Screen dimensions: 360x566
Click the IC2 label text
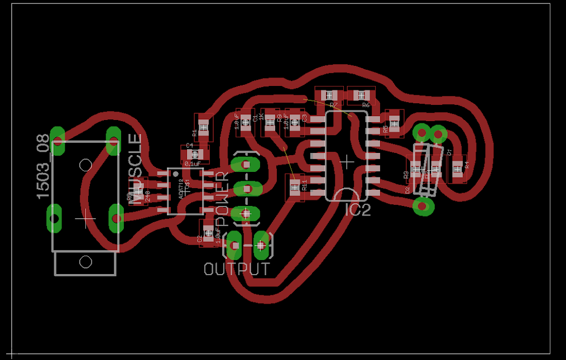[x=358, y=210]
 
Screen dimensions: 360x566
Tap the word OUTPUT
[x=237, y=269]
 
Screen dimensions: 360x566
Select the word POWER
[x=222, y=198]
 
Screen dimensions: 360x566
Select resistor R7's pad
[x=329, y=95]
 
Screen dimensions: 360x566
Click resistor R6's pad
[x=361, y=95]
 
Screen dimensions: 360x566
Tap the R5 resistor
[x=394, y=123]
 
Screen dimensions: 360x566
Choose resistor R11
[x=294, y=186]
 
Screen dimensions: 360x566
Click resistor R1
[x=204, y=127]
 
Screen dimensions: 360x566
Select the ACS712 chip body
[x=185, y=191]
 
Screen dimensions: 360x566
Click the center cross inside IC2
[x=347, y=162]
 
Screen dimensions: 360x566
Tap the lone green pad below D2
[x=423, y=207]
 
